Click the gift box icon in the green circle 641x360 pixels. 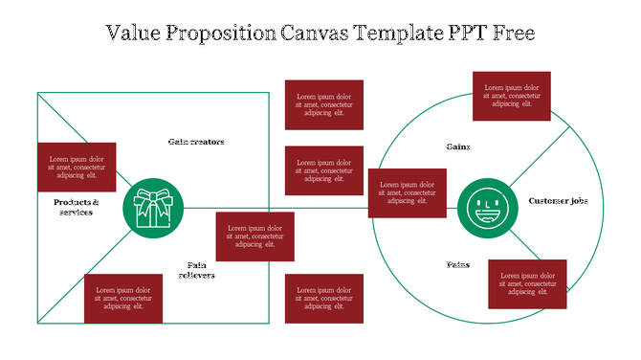(153, 208)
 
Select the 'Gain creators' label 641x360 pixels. (196, 142)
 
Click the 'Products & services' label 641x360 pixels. (77, 207)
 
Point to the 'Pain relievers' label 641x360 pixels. (196, 270)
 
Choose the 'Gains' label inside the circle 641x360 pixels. (458, 146)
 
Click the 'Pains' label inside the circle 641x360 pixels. (458, 264)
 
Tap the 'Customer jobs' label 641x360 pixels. (558, 201)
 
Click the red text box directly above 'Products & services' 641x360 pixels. (77, 168)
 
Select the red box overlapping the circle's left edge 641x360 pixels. (407, 192)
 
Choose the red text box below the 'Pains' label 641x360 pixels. (527, 283)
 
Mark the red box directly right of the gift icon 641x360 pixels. (254, 236)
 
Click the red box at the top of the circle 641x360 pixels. (512, 96)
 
